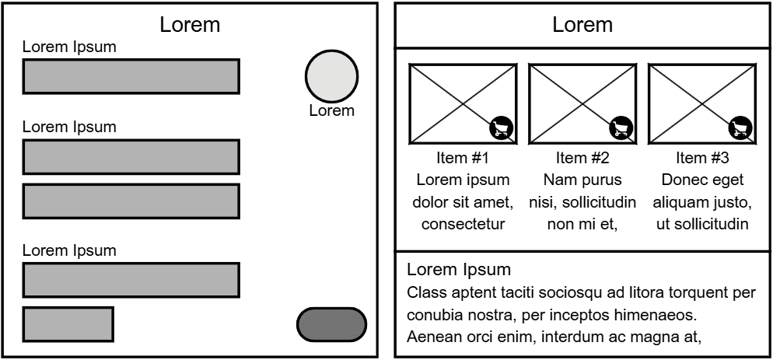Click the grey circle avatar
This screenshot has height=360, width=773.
pos(331,76)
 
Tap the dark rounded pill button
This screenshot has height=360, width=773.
pos(331,324)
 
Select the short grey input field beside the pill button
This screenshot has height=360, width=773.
pos(68,324)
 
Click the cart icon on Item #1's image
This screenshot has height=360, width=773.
pos(502,128)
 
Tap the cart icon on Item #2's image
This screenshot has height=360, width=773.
pos(621,128)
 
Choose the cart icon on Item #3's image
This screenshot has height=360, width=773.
pos(740,128)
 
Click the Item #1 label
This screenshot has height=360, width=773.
pos(463,158)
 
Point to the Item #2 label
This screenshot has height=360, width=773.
pos(582,158)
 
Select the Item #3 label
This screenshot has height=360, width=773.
pos(702,158)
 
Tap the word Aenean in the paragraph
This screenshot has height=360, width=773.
pos(432,337)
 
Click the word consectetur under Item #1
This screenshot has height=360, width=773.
pos(463,225)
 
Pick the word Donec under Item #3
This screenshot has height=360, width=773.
pos(681,180)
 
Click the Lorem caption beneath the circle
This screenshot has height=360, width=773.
pos(331,110)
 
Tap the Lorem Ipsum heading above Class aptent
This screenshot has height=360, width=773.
pos(459,271)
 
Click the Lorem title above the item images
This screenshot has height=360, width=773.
pos(582,25)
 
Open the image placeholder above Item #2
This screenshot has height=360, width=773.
pos(582,103)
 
